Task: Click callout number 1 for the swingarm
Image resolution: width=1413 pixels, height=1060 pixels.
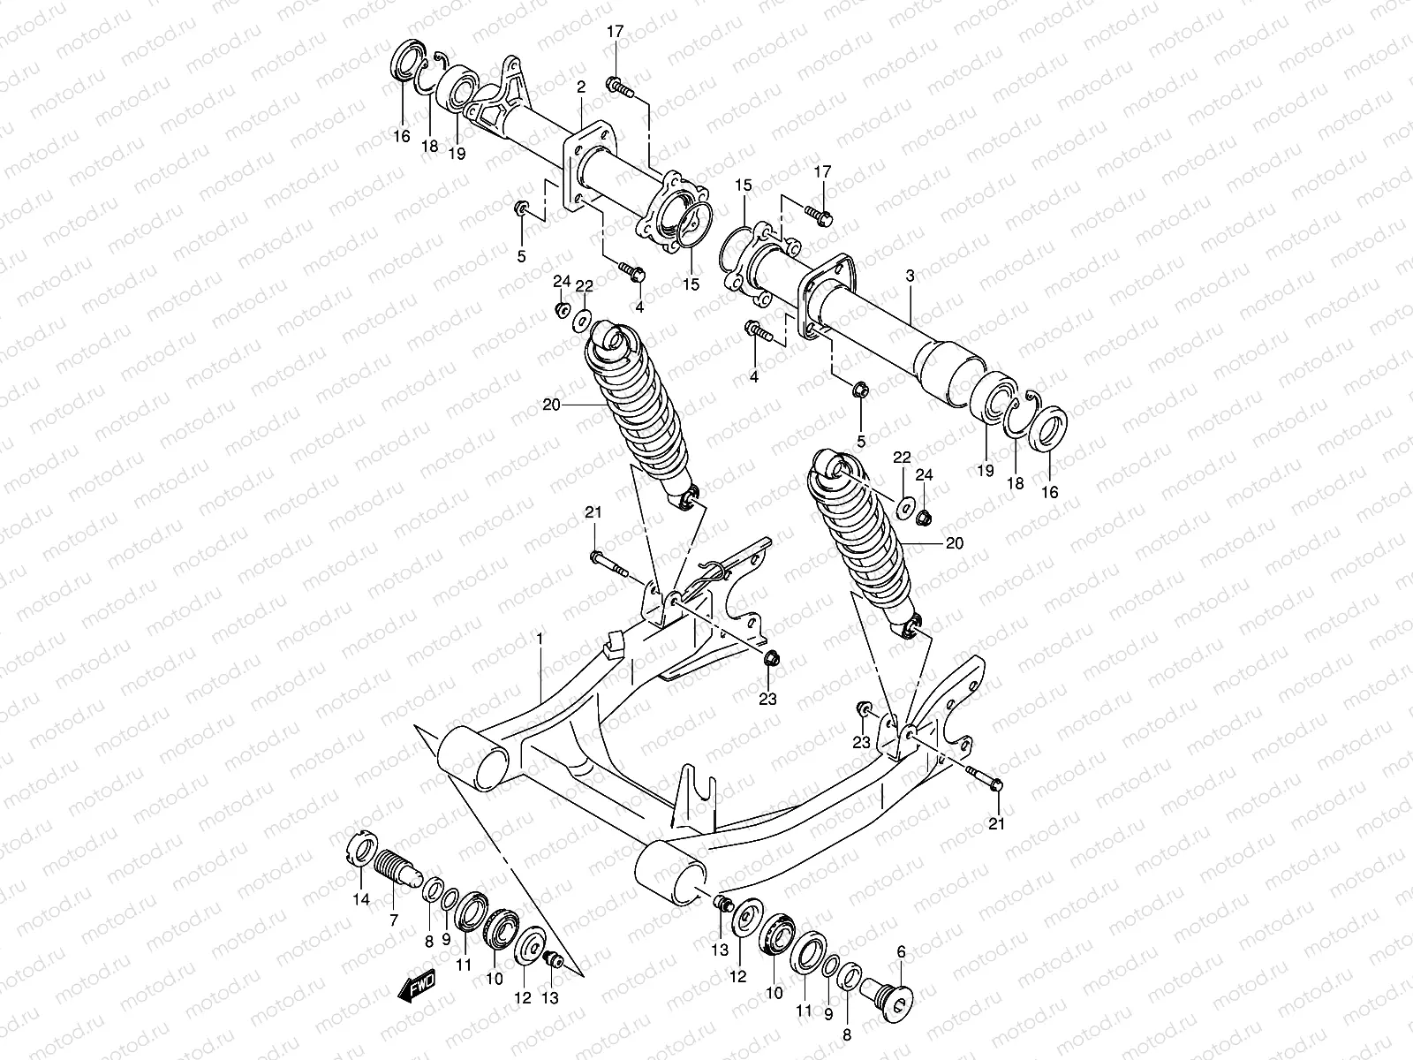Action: click(540, 638)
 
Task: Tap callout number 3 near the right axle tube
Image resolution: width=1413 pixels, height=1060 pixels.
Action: click(911, 276)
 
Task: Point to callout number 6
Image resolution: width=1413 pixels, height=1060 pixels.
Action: click(901, 951)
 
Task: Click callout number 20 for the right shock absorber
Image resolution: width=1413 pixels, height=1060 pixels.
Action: click(955, 543)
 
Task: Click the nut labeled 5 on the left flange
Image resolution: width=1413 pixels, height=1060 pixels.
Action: click(522, 209)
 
